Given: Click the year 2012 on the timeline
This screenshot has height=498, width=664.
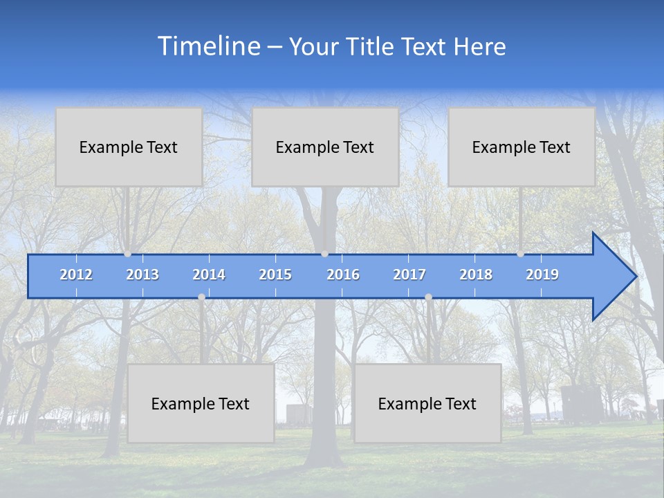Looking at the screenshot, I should [x=76, y=275].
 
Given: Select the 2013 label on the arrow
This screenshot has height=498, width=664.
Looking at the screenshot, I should [x=142, y=275].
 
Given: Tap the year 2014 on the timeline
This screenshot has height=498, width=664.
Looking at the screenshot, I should [x=209, y=275].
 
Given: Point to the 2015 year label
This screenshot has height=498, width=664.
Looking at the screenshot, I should [x=275, y=275].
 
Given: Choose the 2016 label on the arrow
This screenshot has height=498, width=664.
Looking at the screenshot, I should [x=343, y=275].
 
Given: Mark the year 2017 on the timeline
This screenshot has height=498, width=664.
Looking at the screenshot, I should [x=409, y=275].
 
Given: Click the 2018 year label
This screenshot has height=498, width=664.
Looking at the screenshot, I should [x=476, y=275].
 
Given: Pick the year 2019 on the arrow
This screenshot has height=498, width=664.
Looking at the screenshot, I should [x=542, y=275].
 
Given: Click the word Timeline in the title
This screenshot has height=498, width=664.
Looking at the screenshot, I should [x=208, y=46].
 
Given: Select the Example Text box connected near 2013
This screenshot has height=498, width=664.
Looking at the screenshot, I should [x=129, y=147].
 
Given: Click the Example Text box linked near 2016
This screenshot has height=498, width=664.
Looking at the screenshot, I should [x=325, y=147].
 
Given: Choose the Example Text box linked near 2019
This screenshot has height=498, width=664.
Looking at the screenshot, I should [x=522, y=147].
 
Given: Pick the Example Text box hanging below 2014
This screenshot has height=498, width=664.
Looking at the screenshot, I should [x=201, y=403].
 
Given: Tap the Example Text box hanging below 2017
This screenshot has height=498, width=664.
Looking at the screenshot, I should [x=427, y=403].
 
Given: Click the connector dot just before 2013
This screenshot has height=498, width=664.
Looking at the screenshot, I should [x=127, y=254].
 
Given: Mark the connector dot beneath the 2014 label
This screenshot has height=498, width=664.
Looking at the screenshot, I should [x=201, y=297].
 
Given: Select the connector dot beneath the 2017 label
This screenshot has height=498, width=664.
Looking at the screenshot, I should [x=428, y=297].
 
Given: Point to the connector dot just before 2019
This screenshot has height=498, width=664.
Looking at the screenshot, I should [x=520, y=254].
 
